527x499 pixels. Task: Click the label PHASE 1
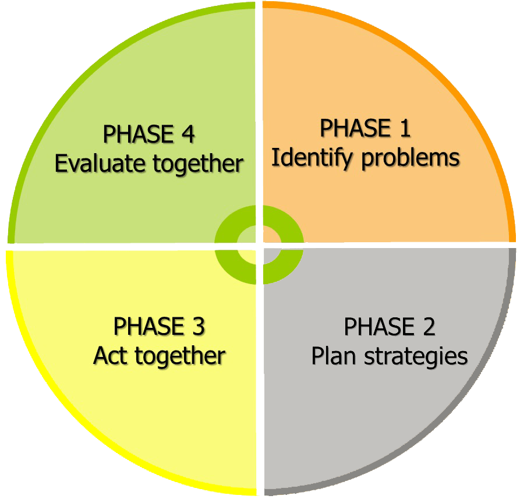point(365,128)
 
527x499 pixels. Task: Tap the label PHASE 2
point(389,327)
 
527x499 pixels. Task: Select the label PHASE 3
point(159,327)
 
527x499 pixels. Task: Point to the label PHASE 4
point(148,135)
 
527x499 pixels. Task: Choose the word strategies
point(416,356)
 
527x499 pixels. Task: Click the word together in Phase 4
point(199,164)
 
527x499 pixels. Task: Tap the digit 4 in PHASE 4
point(188,135)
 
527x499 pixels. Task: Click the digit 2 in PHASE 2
point(428,327)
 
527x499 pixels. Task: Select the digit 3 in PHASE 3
point(198,327)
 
